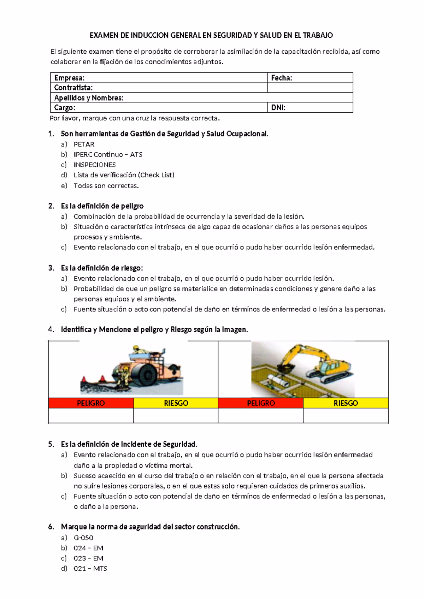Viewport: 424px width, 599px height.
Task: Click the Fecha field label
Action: pos(281,78)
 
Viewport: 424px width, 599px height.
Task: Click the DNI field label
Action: pos(278,108)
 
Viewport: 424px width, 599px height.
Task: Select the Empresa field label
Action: pos(69,78)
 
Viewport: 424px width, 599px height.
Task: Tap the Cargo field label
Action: pos(65,108)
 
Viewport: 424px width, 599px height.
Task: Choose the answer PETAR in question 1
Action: pos(84,144)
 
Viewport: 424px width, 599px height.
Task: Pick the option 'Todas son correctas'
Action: pos(106,185)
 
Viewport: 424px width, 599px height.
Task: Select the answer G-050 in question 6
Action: pos(83,538)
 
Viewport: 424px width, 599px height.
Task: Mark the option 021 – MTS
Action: pos(90,569)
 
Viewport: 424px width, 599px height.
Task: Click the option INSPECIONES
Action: pos(94,165)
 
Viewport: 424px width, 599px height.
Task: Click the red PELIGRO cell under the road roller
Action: pos(91,403)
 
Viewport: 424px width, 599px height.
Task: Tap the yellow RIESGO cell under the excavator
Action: pos(346,403)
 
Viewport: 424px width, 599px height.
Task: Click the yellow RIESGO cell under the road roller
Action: pos(176,403)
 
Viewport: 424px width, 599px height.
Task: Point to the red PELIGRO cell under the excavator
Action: pos(261,403)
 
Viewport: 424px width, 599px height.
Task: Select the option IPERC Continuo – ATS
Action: pos(108,154)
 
